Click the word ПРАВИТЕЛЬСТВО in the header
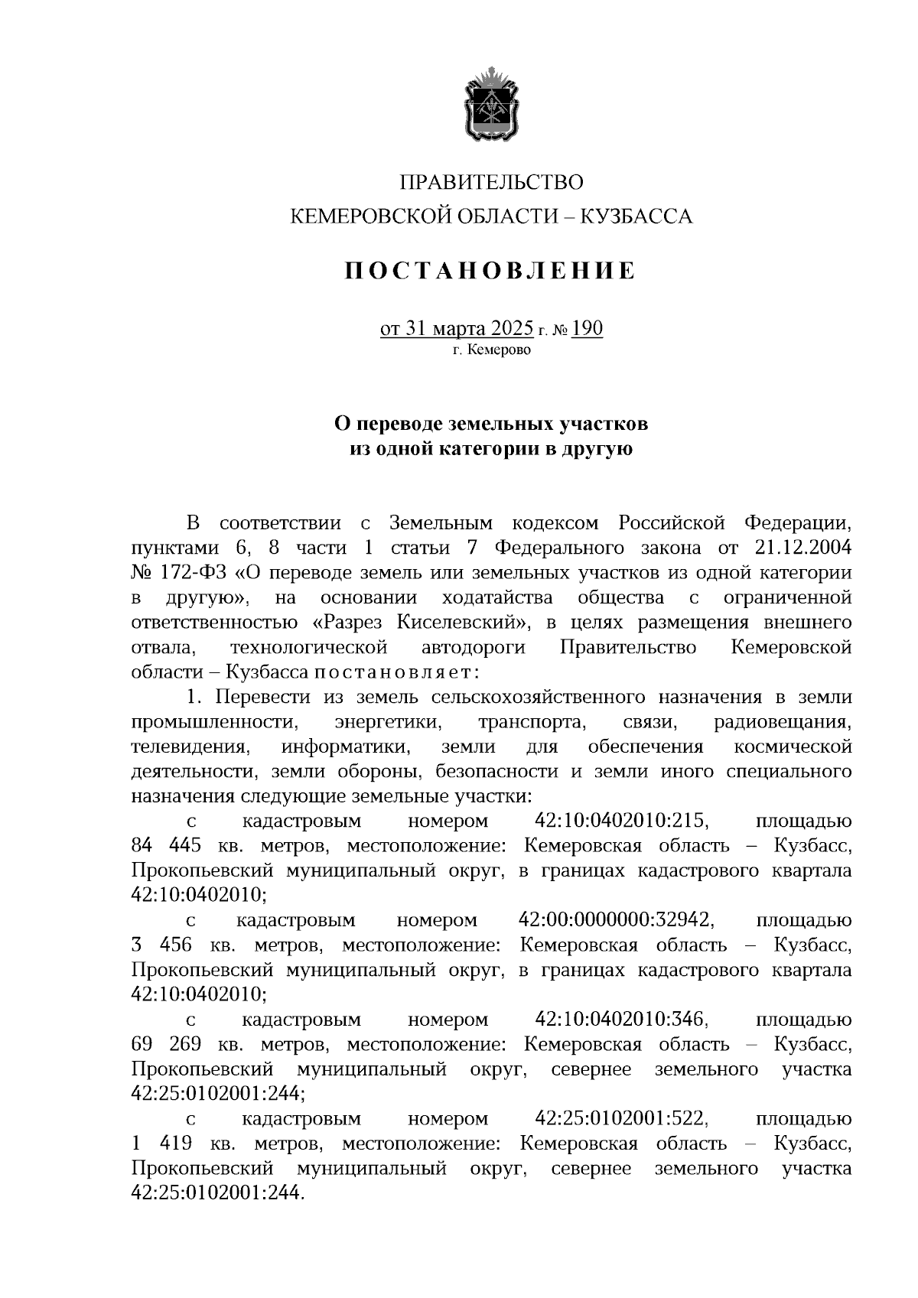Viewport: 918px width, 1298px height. [x=491, y=183]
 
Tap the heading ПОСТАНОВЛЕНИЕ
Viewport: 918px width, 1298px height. [x=490, y=271]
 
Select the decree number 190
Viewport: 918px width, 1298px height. [x=588, y=330]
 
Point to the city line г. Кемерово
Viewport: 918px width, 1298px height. [x=491, y=350]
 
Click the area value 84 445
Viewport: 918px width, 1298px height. [x=167, y=846]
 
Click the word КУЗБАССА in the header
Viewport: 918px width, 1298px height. [x=637, y=217]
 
